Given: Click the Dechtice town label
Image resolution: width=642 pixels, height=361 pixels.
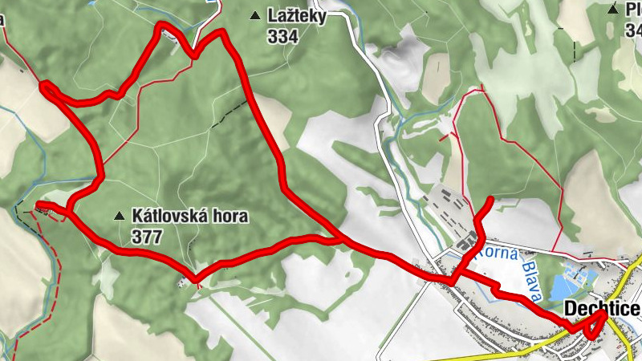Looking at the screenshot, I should coord(602,310).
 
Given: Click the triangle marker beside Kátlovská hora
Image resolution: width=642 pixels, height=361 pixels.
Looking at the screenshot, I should coord(120,215).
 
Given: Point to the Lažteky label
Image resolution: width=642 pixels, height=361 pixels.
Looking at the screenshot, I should coord(297,16).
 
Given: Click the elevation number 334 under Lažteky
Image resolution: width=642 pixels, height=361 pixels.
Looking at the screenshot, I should coord(284,36).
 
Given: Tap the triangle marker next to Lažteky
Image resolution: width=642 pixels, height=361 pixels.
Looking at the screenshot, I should coord(255,14).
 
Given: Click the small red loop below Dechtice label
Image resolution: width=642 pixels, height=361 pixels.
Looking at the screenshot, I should coord(598,325).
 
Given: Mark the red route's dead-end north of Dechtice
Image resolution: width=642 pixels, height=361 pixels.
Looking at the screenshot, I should coord(491,198).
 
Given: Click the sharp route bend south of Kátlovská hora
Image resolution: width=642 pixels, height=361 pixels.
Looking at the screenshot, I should coord(196,280).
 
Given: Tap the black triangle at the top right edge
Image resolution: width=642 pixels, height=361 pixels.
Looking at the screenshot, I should coord(613,9).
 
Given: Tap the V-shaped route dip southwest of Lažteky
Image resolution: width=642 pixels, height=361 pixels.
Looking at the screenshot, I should coord(193,56).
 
